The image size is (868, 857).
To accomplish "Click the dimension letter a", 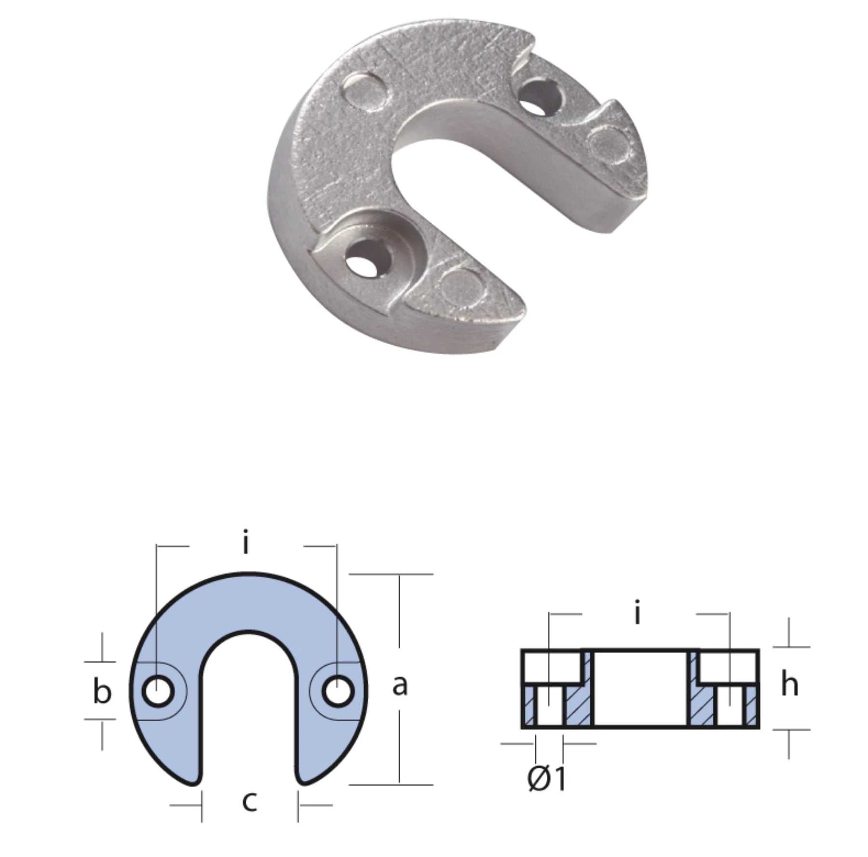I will point(399,685).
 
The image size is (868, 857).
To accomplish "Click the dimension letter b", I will point(102,693).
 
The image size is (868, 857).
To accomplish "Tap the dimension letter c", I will point(249,801).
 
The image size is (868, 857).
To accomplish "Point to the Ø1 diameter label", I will point(546,778).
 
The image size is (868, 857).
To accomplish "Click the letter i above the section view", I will point(637,613).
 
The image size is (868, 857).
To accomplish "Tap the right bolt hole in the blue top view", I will point(339,692).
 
